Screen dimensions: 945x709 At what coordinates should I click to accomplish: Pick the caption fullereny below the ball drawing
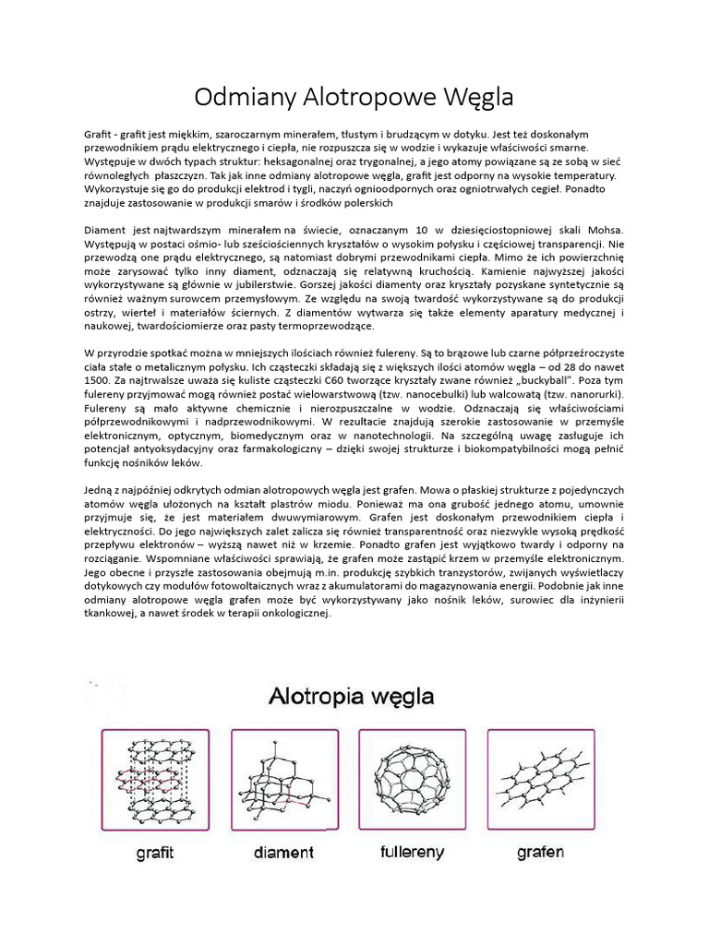[x=412, y=852]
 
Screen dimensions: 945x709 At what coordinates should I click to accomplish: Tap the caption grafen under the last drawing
[x=540, y=852]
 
